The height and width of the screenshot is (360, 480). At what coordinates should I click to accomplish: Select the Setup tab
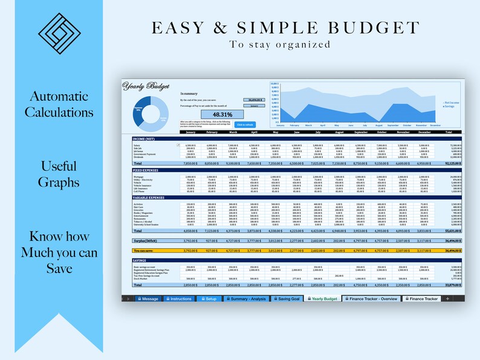click(209, 299)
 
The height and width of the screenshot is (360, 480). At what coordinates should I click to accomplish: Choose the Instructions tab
click(178, 299)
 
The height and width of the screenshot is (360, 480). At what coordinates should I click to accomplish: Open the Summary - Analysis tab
click(247, 299)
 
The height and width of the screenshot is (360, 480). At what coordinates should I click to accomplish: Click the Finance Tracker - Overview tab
click(372, 299)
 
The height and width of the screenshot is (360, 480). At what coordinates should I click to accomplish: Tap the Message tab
click(148, 299)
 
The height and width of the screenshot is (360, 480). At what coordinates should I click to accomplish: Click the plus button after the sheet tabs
click(448, 299)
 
